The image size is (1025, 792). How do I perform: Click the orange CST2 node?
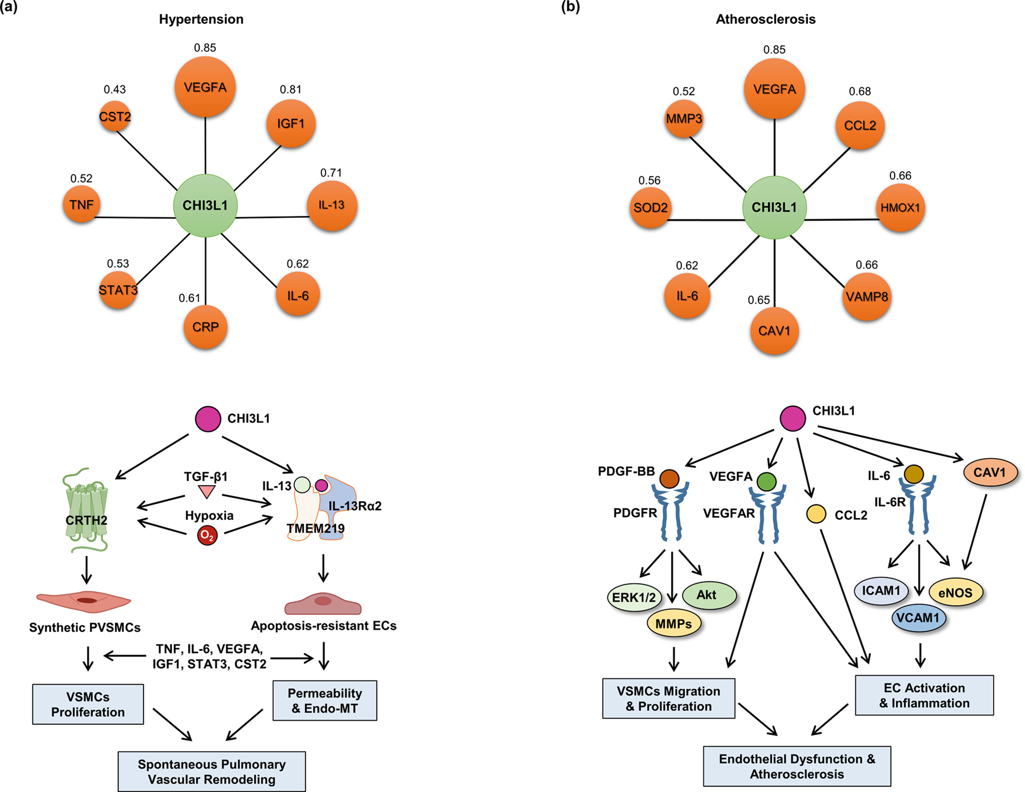click(x=115, y=116)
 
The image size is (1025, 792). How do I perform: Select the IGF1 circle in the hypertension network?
click(x=291, y=123)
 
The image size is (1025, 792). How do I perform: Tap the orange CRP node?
click(x=206, y=327)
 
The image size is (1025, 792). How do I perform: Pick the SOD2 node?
click(x=651, y=207)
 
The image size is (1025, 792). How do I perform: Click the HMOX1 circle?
click(x=900, y=208)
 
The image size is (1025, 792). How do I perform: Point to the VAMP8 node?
click(x=867, y=297)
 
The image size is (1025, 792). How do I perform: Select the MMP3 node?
click(x=684, y=119)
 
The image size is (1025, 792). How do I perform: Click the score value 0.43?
click(x=115, y=89)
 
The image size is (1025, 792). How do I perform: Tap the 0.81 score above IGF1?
click(x=291, y=89)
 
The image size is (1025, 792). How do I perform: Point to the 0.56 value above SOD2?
click(x=649, y=180)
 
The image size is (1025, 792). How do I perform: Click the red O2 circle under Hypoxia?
click(x=207, y=536)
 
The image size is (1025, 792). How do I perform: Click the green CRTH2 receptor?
click(x=86, y=511)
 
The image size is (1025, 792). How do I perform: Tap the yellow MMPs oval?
click(x=674, y=623)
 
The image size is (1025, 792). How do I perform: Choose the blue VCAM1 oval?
click(x=919, y=618)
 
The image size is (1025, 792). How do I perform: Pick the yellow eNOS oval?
click(x=955, y=592)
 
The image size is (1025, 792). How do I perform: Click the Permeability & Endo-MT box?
click(x=325, y=701)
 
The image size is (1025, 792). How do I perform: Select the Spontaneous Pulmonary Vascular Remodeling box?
click(x=212, y=772)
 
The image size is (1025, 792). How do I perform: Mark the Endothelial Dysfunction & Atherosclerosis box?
click(x=797, y=767)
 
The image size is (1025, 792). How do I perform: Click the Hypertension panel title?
click(x=201, y=19)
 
